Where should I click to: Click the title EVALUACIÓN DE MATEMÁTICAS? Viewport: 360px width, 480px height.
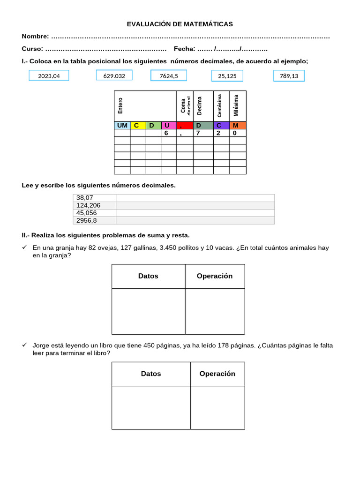(x=180, y=24)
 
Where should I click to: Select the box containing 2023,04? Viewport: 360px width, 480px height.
(x=49, y=75)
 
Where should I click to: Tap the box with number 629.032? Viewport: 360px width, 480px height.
(x=114, y=75)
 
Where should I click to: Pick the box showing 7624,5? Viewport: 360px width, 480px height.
(x=169, y=75)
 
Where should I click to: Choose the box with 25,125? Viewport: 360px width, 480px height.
(x=227, y=76)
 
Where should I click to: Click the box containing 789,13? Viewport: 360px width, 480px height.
(x=289, y=76)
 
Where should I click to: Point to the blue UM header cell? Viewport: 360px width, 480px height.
(x=122, y=125)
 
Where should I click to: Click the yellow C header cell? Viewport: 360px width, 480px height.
(x=138, y=125)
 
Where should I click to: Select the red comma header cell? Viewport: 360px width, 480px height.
(x=185, y=125)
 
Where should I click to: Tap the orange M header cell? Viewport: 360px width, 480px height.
(x=238, y=125)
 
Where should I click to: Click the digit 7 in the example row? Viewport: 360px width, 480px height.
(x=198, y=133)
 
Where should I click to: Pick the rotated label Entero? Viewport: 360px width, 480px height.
(x=120, y=105)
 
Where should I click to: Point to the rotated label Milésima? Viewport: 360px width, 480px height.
(x=236, y=105)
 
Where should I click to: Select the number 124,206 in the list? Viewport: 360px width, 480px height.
(x=88, y=205)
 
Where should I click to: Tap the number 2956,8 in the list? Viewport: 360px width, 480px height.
(x=87, y=220)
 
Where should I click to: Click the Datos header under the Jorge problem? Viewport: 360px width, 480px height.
(x=151, y=374)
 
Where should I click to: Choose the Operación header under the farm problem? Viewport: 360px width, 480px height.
(x=215, y=276)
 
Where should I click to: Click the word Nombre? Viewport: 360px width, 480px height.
(x=35, y=37)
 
